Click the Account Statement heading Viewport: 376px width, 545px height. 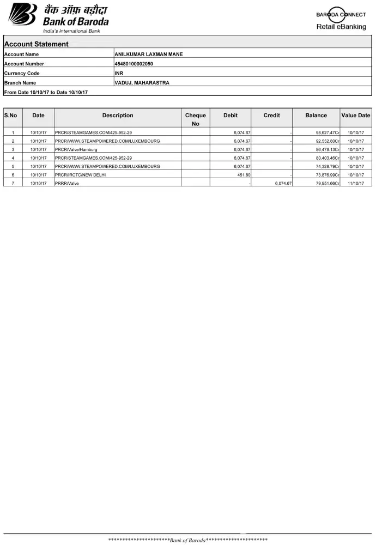[x=37, y=44]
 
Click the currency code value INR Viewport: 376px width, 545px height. [x=119, y=73]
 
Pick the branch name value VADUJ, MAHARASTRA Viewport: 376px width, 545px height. [x=142, y=83]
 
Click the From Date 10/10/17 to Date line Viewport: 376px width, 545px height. [x=46, y=92]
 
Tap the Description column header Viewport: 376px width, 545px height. [x=117, y=116]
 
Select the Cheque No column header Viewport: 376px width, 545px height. [x=195, y=119]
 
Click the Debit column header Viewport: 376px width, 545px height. [x=231, y=116]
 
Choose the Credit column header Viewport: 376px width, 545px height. [x=271, y=116]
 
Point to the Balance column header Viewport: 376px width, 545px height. [x=316, y=116]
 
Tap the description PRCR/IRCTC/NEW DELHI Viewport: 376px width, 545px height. [x=80, y=175]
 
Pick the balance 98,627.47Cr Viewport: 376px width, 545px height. [x=328, y=132]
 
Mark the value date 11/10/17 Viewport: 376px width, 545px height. [x=356, y=184]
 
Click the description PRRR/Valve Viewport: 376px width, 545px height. [x=67, y=184]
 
